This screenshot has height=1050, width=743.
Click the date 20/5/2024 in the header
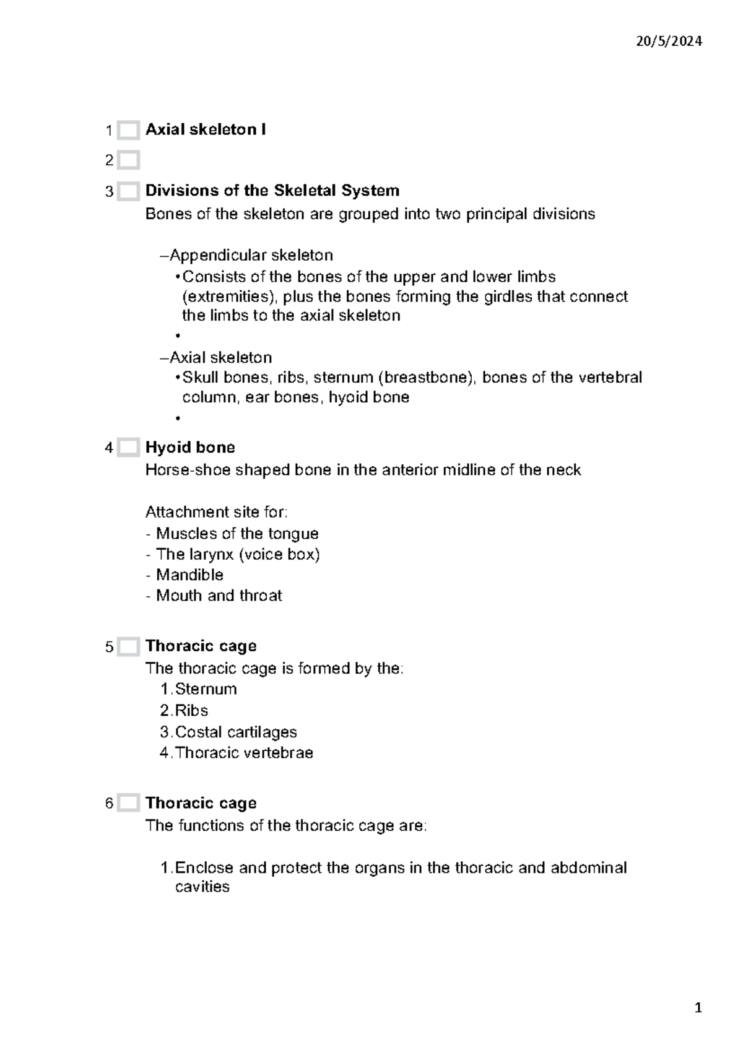[x=669, y=41]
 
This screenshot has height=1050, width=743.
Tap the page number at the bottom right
[x=698, y=1009]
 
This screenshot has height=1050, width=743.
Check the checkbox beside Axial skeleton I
[x=128, y=130]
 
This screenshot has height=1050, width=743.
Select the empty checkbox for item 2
[x=128, y=160]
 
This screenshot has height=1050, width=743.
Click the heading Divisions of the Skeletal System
[x=272, y=190]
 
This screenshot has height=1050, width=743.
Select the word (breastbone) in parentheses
[x=427, y=377]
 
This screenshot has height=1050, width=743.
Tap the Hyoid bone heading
[x=190, y=447]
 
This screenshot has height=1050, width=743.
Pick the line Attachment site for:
[x=216, y=512]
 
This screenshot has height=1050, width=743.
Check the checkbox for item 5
[x=128, y=647]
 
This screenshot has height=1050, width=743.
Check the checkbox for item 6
[x=128, y=804]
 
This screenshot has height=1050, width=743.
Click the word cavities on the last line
[x=202, y=887]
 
